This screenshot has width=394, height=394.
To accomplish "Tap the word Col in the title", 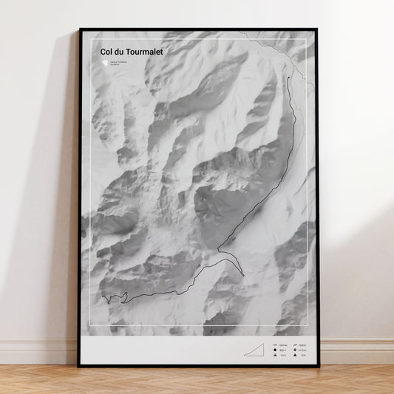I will pos(108,52).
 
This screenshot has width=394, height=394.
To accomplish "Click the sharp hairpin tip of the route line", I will pos(242,276).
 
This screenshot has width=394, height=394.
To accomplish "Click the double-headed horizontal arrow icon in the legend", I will pos(274,346).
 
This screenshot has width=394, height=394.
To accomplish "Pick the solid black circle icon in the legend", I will pos(274,351).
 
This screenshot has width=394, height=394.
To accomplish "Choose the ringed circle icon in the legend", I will pos(294,351).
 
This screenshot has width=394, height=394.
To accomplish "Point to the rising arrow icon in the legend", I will pos(294,346).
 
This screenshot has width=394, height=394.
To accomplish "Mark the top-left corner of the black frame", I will pos(80,30).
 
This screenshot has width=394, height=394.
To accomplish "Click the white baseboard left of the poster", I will pos(37,352).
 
